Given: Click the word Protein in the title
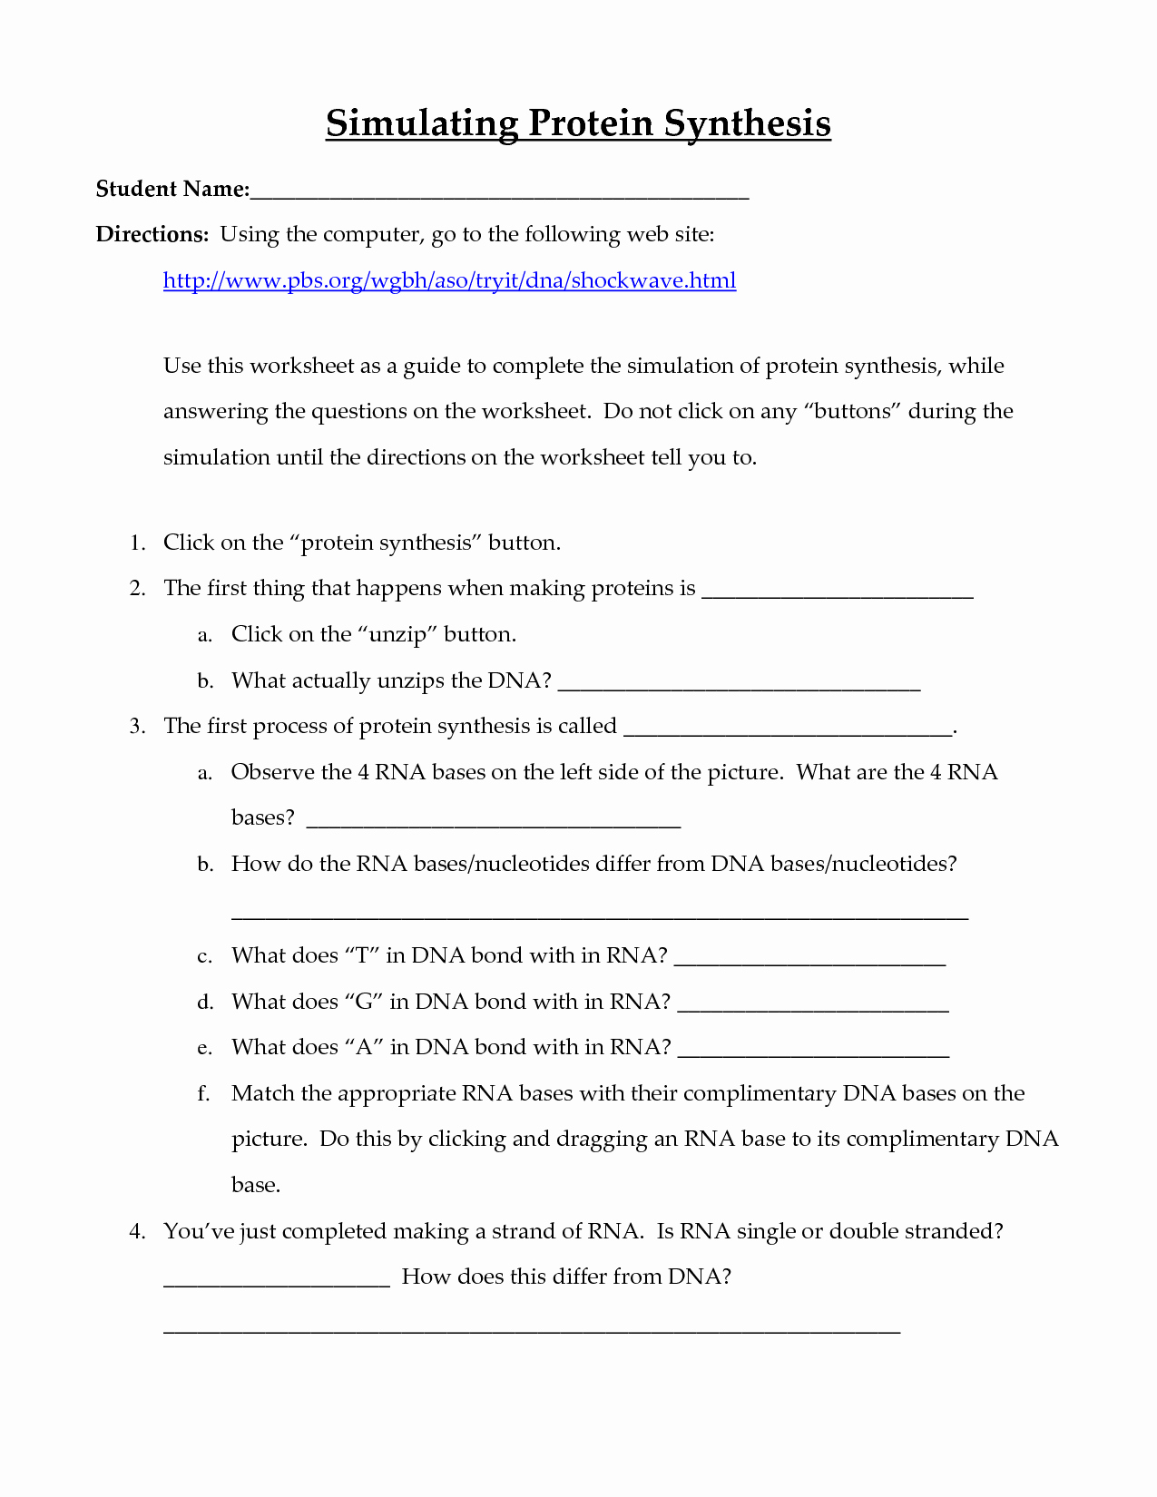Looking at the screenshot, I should (x=590, y=123).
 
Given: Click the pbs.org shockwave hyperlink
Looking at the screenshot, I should (x=449, y=280).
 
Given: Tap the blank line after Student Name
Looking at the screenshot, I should (x=499, y=193).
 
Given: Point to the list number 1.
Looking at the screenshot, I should (x=137, y=543).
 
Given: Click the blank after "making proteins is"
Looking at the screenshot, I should (x=838, y=594).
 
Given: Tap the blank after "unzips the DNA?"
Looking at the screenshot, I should (x=739, y=687).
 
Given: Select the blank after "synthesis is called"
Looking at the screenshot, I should (x=789, y=731).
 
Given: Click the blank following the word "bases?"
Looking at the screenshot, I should (x=494, y=824).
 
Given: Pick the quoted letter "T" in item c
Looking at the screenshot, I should (x=361, y=955).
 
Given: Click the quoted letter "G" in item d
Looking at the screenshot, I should (x=364, y=1002).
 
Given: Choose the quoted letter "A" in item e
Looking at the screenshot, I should (x=364, y=1047).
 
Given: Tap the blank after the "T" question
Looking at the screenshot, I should (x=810, y=962).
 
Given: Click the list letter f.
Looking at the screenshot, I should (x=204, y=1093).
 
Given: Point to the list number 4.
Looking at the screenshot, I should (x=137, y=1231).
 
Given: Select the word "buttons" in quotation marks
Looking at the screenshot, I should (x=852, y=411).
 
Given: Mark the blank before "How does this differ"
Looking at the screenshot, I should (x=277, y=1283).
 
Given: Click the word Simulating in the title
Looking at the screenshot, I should (x=422, y=123).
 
